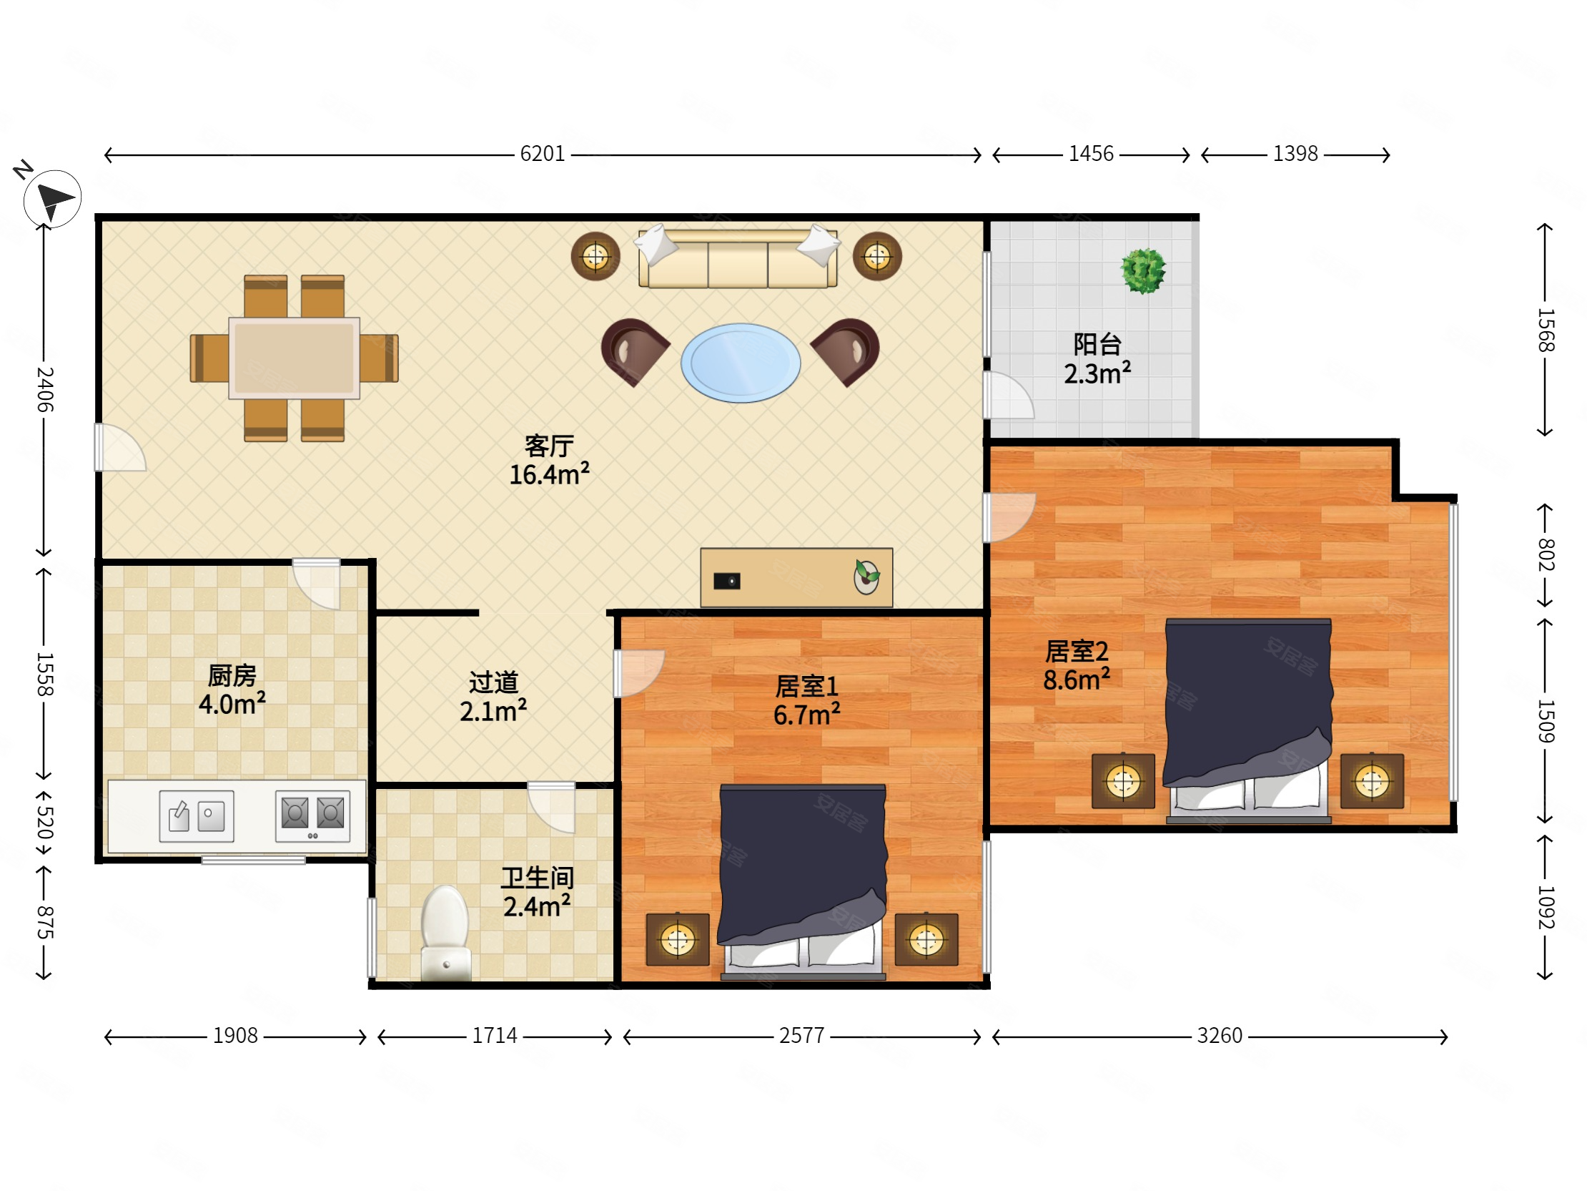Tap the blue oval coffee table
(741, 363)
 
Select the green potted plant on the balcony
(1143, 270)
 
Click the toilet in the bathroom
(445, 933)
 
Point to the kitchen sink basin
(197, 815)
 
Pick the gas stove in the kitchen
(313, 815)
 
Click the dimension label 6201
(543, 154)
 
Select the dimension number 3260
(1219, 1036)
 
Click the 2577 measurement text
(801, 1036)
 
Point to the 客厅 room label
(549, 446)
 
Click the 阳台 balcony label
(1097, 345)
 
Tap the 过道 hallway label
(493, 682)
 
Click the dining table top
(294, 358)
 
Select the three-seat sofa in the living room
(738, 258)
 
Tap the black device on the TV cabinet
(727, 581)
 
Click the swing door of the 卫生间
(551, 807)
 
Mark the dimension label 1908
(234, 1036)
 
